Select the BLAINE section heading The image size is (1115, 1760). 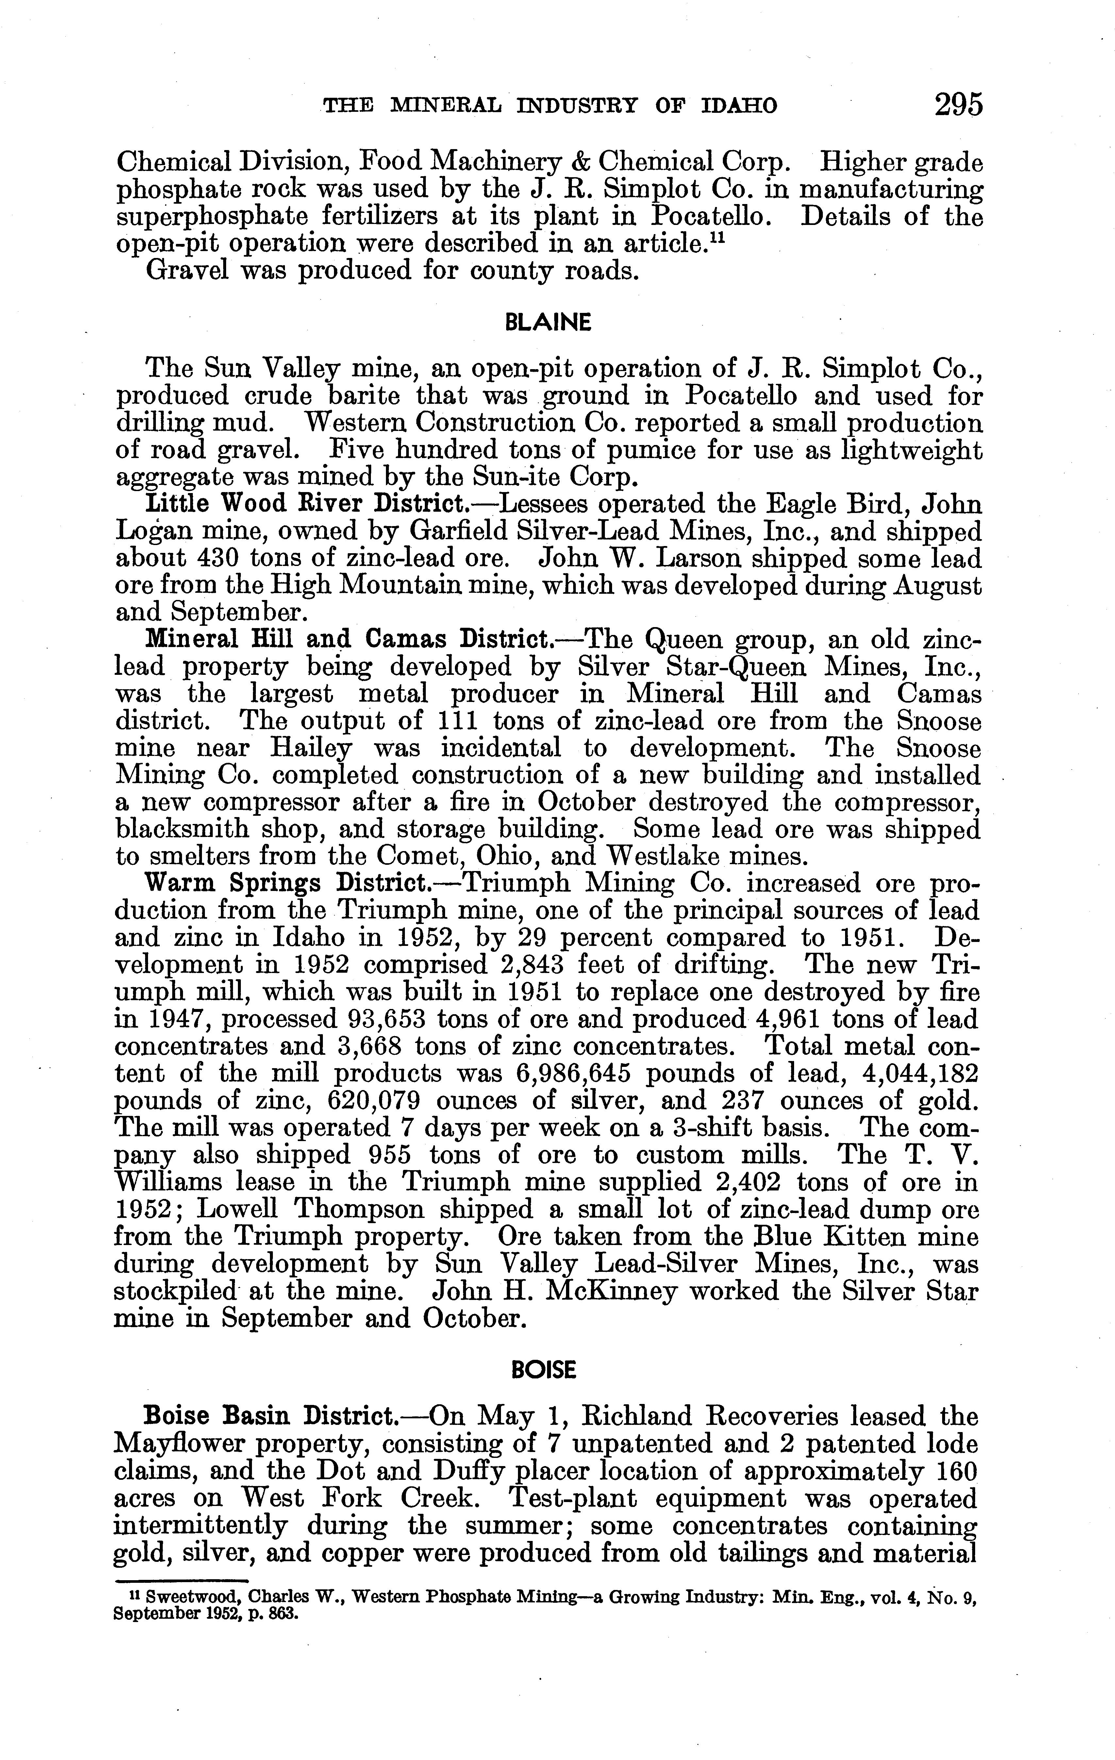pyautogui.click(x=548, y=323)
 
